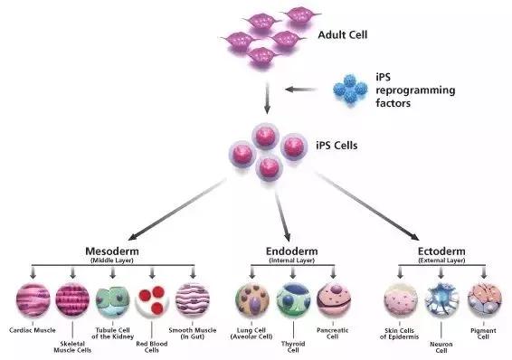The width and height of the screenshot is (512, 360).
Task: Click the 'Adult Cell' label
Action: (343, 35)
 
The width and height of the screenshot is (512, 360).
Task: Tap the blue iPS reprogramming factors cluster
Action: (350, 89)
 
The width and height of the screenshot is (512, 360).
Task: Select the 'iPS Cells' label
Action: (337, 146)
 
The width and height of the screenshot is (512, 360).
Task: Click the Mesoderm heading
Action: (112, 251)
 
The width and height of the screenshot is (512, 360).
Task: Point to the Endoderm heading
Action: (291, 251)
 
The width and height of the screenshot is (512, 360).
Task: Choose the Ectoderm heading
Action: (441, 251)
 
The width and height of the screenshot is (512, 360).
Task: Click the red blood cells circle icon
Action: (152, 300)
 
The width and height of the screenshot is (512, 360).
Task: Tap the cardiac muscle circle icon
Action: (33, 300)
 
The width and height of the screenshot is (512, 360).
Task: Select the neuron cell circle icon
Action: (441, 300)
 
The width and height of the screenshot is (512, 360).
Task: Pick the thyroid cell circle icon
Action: (293, 300)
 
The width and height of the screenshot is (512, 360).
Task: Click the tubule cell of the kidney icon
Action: (113, 300)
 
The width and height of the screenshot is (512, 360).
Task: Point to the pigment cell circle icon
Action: (484, 300)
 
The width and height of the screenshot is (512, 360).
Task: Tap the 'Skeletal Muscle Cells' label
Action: (72, 347)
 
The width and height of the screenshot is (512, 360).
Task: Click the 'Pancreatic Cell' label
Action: (332, 333)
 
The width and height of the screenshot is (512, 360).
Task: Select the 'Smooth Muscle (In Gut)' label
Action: (193, 333)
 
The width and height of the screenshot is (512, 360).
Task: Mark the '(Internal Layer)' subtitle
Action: (292, 261)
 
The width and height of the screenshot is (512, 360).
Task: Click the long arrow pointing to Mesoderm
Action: (176, 209)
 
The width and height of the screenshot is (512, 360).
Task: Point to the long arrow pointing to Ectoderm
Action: (367, 206)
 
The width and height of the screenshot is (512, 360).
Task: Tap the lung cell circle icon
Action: (252, 300)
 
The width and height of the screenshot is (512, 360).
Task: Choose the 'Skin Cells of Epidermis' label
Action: (399, 334)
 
